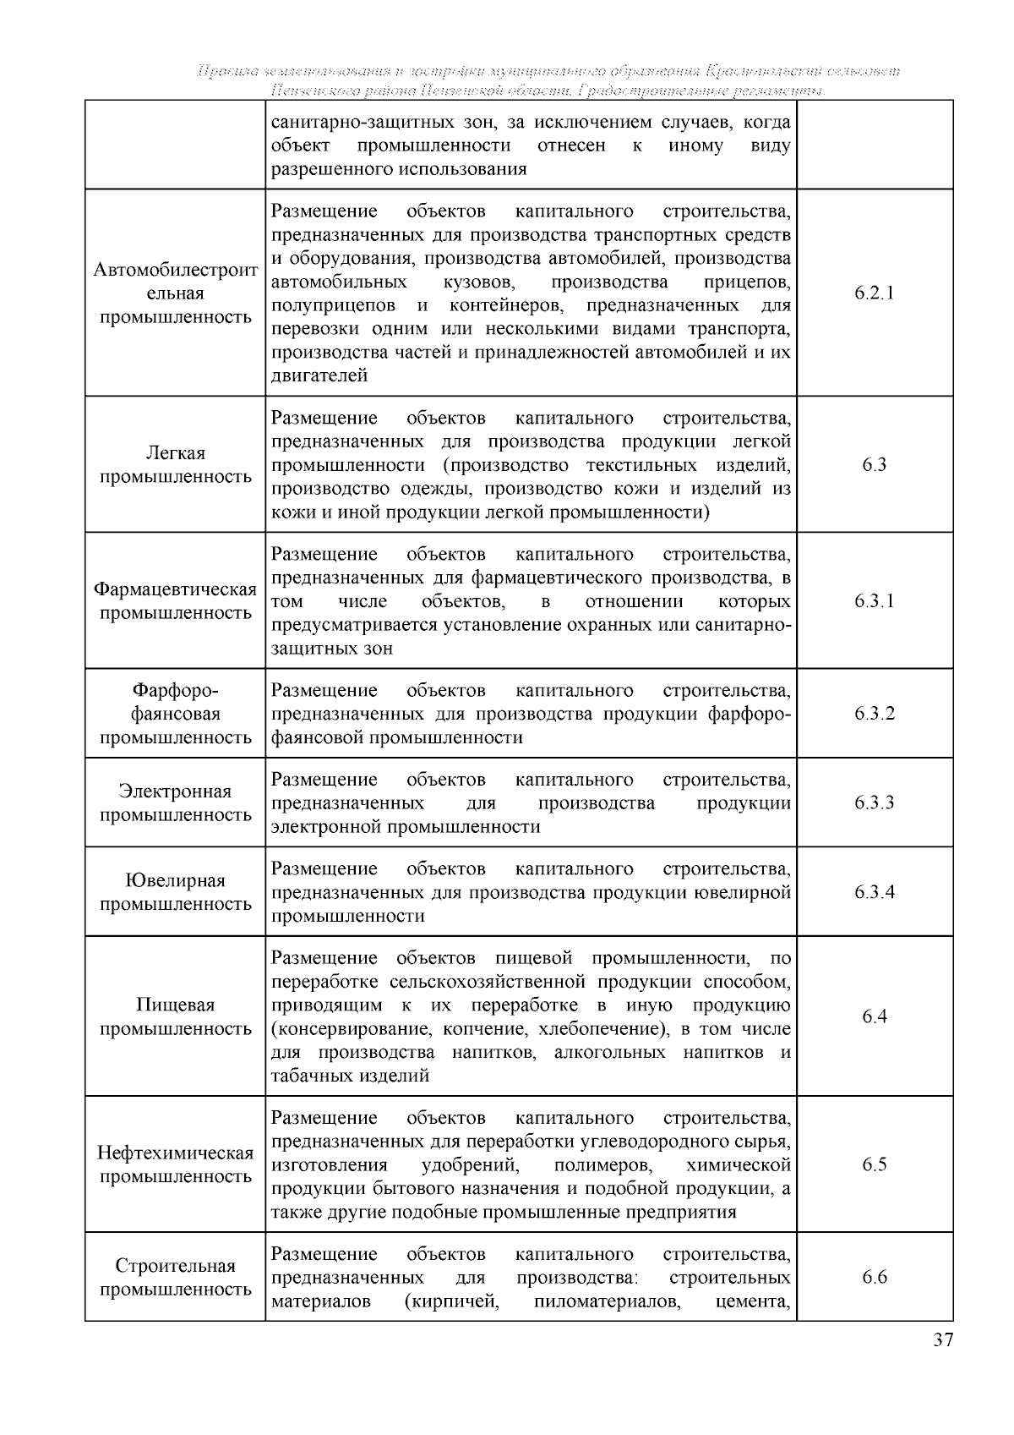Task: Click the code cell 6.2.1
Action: [874, 293]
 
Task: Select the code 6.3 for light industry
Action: [874, 465]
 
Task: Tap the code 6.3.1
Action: [874, 601]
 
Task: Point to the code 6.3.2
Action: [874, 714]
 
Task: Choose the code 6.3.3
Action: [874, 802]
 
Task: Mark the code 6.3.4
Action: [874, 892]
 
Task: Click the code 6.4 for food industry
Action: [874, 1016]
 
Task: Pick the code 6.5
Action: [874, 1164]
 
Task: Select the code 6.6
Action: [874, 1278]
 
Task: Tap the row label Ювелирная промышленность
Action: [175, 892]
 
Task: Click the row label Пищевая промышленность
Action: [175, 1016]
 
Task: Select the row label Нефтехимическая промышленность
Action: [175, 1164]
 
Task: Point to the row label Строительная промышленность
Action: [175, 1278]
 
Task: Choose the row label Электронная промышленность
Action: [175, 802]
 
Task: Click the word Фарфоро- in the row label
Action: [175, 690]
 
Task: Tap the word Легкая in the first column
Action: [175, 453]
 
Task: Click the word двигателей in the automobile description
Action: [319, 376]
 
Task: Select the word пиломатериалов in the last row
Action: [608, 1301]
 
